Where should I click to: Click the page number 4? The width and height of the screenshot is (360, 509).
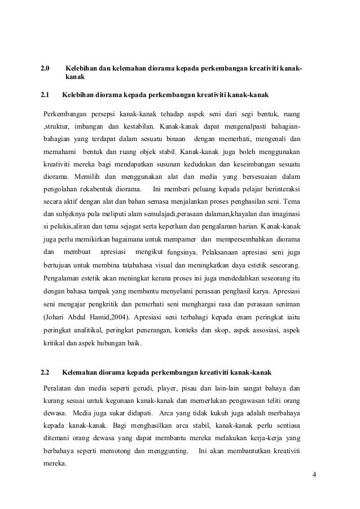[x=314, y=473]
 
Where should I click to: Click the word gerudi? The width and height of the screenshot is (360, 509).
[x=145, y=388]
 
